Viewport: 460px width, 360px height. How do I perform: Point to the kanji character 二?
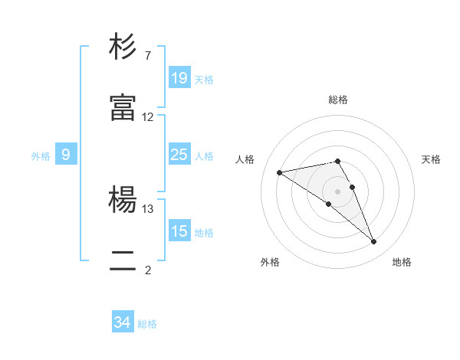(123, 261)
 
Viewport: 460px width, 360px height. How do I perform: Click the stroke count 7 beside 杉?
(147, 56)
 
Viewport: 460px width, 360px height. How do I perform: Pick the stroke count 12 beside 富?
(148, 117)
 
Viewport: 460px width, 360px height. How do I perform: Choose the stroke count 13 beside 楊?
(148, 208)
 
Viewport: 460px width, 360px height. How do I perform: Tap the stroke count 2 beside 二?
(147, 270)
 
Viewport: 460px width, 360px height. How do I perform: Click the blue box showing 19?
(179, 77)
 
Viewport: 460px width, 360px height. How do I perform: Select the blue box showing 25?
(179, 155)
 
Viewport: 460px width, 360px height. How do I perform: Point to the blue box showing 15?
(179, 231)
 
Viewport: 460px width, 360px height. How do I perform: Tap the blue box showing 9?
(66, 155)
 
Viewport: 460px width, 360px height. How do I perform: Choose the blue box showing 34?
(123, 322)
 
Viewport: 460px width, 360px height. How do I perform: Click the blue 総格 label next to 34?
(147, 324)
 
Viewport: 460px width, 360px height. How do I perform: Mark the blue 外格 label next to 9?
(41, 156)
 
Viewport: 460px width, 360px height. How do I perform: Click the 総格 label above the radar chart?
(338, 100)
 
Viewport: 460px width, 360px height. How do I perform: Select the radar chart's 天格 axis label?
(431, 159)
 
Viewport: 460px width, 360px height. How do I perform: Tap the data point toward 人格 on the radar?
(280, 172)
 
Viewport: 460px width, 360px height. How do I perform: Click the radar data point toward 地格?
(374, 242)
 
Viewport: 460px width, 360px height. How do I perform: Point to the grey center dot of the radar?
(337, 191)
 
